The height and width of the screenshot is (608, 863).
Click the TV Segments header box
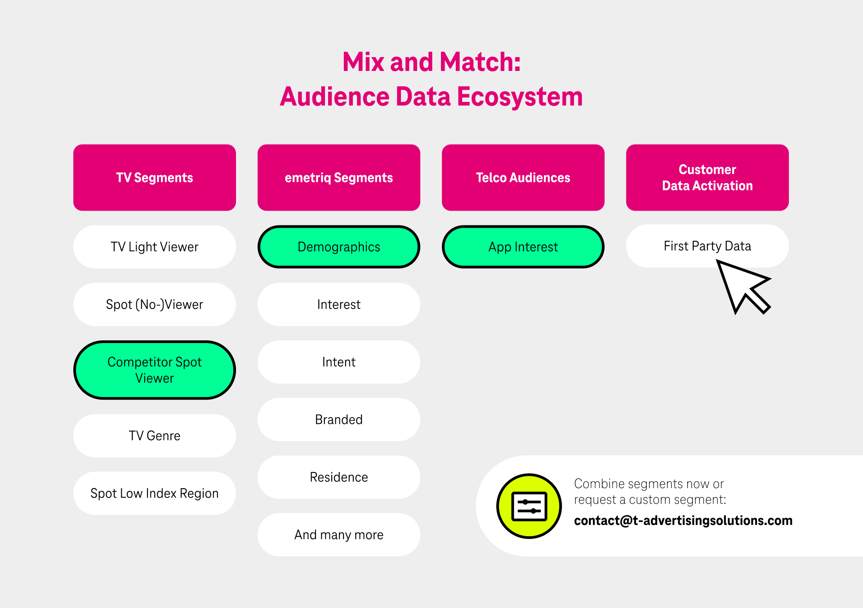(155, 177)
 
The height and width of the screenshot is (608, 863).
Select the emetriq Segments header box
(339, 177)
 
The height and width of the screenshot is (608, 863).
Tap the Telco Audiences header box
(523, 177)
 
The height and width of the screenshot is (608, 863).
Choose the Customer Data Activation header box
(707, 177)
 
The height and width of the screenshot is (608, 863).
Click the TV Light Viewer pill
(155, 247)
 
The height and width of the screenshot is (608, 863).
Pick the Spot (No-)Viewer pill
(155, 304)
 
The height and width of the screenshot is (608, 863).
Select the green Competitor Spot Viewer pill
(155, 370)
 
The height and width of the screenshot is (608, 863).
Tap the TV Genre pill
(155, 436)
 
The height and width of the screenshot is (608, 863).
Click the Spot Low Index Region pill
(155, 493)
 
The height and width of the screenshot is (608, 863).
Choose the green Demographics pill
(339, 247)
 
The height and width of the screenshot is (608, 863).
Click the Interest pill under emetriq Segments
(339, 304)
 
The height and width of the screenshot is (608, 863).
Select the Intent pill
(339, 362)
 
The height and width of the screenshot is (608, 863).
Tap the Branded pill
(339, 419)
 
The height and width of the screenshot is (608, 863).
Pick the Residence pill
(339, 477)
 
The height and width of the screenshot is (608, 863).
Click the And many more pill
(339, 535)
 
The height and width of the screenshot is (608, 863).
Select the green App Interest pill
(523, 247)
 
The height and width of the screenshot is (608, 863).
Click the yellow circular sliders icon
(529, 506)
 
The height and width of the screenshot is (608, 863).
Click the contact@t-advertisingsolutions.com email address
(683, 520)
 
